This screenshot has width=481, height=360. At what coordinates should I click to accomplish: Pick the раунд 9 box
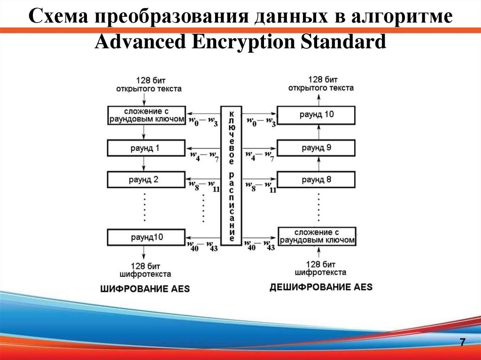(x=316, y=148)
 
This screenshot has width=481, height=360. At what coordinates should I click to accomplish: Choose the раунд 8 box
(x=316, y=179)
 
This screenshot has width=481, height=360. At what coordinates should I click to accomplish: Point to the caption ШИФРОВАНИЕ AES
(x=145, y=289)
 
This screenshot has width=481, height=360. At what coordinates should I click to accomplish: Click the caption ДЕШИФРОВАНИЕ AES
(x=321, y=287)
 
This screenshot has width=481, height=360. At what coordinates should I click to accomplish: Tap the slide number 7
(x=462, y=342)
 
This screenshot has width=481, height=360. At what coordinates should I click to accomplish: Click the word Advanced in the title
(x=141, y=42)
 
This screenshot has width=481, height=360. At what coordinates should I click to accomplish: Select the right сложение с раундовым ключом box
(x=316, y=236)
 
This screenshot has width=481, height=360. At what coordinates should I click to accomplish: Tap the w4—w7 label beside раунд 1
(x=203, y=155)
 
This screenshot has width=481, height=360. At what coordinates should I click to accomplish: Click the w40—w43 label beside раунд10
(x=203, y=245)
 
